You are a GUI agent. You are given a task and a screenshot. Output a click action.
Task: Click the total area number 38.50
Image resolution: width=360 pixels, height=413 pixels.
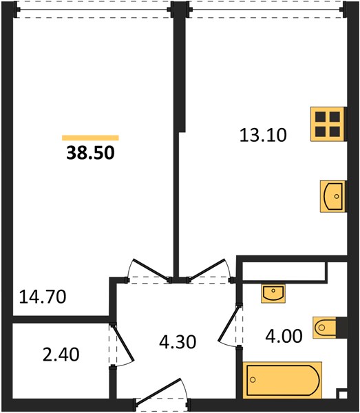[x=90, y=153]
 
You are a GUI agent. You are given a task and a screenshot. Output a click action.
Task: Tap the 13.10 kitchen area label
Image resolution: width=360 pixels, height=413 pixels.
[x=263, y=135]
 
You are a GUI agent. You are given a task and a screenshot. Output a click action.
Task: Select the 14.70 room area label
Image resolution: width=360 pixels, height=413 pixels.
[x=43, y=297]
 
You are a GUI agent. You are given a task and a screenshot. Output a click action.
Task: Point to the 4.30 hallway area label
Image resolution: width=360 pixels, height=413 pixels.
[x=178, y=342]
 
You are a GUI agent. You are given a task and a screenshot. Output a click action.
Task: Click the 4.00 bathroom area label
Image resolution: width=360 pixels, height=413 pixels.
[x=284, y=337]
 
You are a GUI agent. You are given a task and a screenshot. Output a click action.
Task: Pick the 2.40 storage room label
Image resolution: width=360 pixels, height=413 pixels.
[x=61, y=354]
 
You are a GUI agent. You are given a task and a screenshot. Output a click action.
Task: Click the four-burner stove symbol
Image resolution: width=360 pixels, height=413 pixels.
[x=328, y=124]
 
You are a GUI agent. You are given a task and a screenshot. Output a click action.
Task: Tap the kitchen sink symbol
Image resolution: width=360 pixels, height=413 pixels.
[x=332, y=196]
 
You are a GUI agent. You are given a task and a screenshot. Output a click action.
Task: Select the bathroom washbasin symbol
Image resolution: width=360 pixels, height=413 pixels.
[x=273, y=293]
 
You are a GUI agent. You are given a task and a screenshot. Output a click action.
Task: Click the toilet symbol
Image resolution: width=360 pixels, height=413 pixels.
[x=324, y=328]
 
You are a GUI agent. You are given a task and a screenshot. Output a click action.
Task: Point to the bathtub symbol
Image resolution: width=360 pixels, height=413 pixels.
[x=282, y=380]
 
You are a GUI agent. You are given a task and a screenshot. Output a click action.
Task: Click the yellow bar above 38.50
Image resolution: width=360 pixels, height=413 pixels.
[x=90, y=138]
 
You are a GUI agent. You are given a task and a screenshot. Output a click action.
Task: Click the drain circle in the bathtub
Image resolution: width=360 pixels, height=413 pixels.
[x=253, y=380]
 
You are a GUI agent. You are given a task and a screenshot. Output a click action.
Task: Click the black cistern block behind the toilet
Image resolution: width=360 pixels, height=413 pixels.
[x=341, y=328]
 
